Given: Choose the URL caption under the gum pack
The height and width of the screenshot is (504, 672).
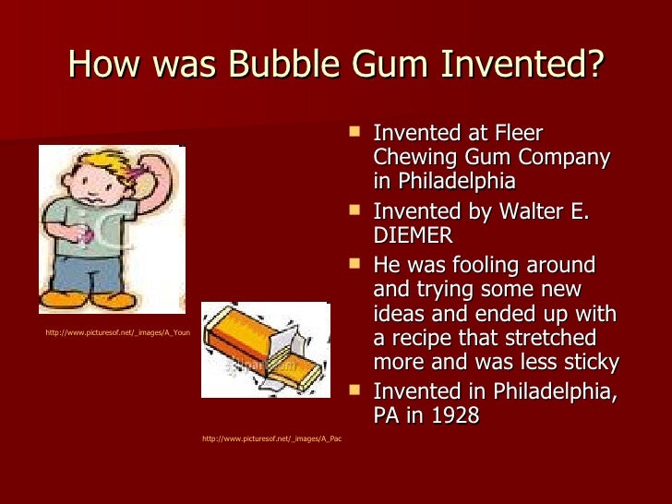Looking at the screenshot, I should coord(270,438).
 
